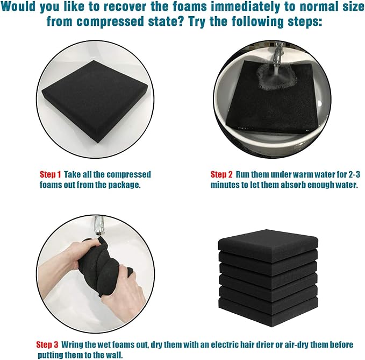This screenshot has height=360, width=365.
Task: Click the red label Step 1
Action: click(x=50, y=174)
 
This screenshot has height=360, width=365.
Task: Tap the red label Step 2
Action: click(x=221, y=174)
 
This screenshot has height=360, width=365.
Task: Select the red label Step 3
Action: click(x=47, y=344)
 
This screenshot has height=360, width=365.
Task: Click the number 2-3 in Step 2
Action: click(x=354, y=174)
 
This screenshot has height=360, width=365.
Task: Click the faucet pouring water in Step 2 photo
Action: click(x=278, y=54)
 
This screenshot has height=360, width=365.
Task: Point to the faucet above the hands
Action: click(x=98, y=225)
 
